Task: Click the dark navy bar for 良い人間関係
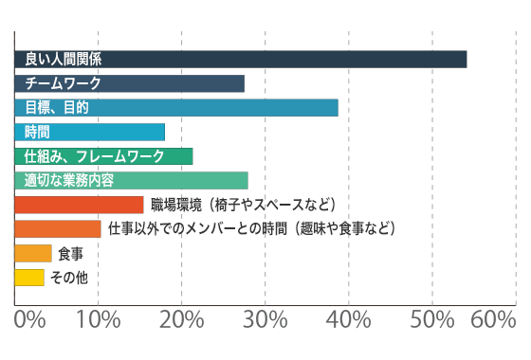pos(241,59)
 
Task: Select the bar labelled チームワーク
pos(130,83)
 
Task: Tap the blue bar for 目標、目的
pos(176,108)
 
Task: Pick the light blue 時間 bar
pos(90,132)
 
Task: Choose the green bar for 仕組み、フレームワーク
pos(104,156)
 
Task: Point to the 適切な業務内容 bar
pos(132,181)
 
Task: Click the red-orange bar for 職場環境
pos(80,205)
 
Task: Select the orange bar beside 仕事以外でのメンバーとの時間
pos(58,229)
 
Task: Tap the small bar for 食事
pos(33,253)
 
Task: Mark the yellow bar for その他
pos(29,278)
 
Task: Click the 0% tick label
pos(30,321)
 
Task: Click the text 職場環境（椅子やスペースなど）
pos(244,205)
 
